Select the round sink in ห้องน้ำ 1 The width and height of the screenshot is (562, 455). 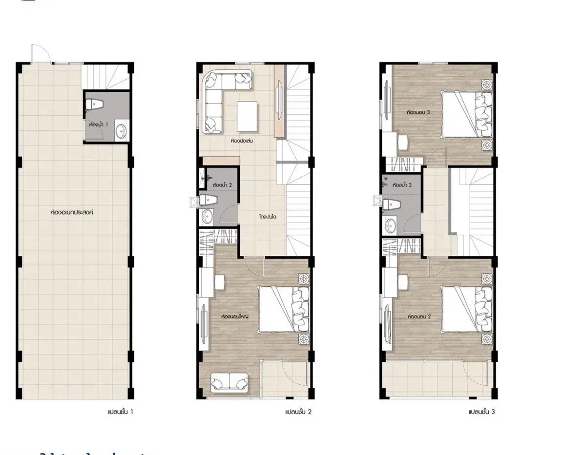click(121, 131)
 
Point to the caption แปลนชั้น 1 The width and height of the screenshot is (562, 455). click(120, 412)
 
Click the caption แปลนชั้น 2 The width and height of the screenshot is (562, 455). click(298, 412)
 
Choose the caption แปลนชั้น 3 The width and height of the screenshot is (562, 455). click(481, 412)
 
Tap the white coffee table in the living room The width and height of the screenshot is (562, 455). click(247, 116)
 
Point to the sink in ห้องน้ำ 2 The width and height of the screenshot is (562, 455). click(207, 215)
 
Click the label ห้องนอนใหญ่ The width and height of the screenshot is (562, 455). click(235, 317)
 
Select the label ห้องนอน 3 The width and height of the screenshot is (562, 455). click(418, 112)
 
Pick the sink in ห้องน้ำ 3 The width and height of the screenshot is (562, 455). click(391, 225)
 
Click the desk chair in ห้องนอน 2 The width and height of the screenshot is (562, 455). click(403, 282)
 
